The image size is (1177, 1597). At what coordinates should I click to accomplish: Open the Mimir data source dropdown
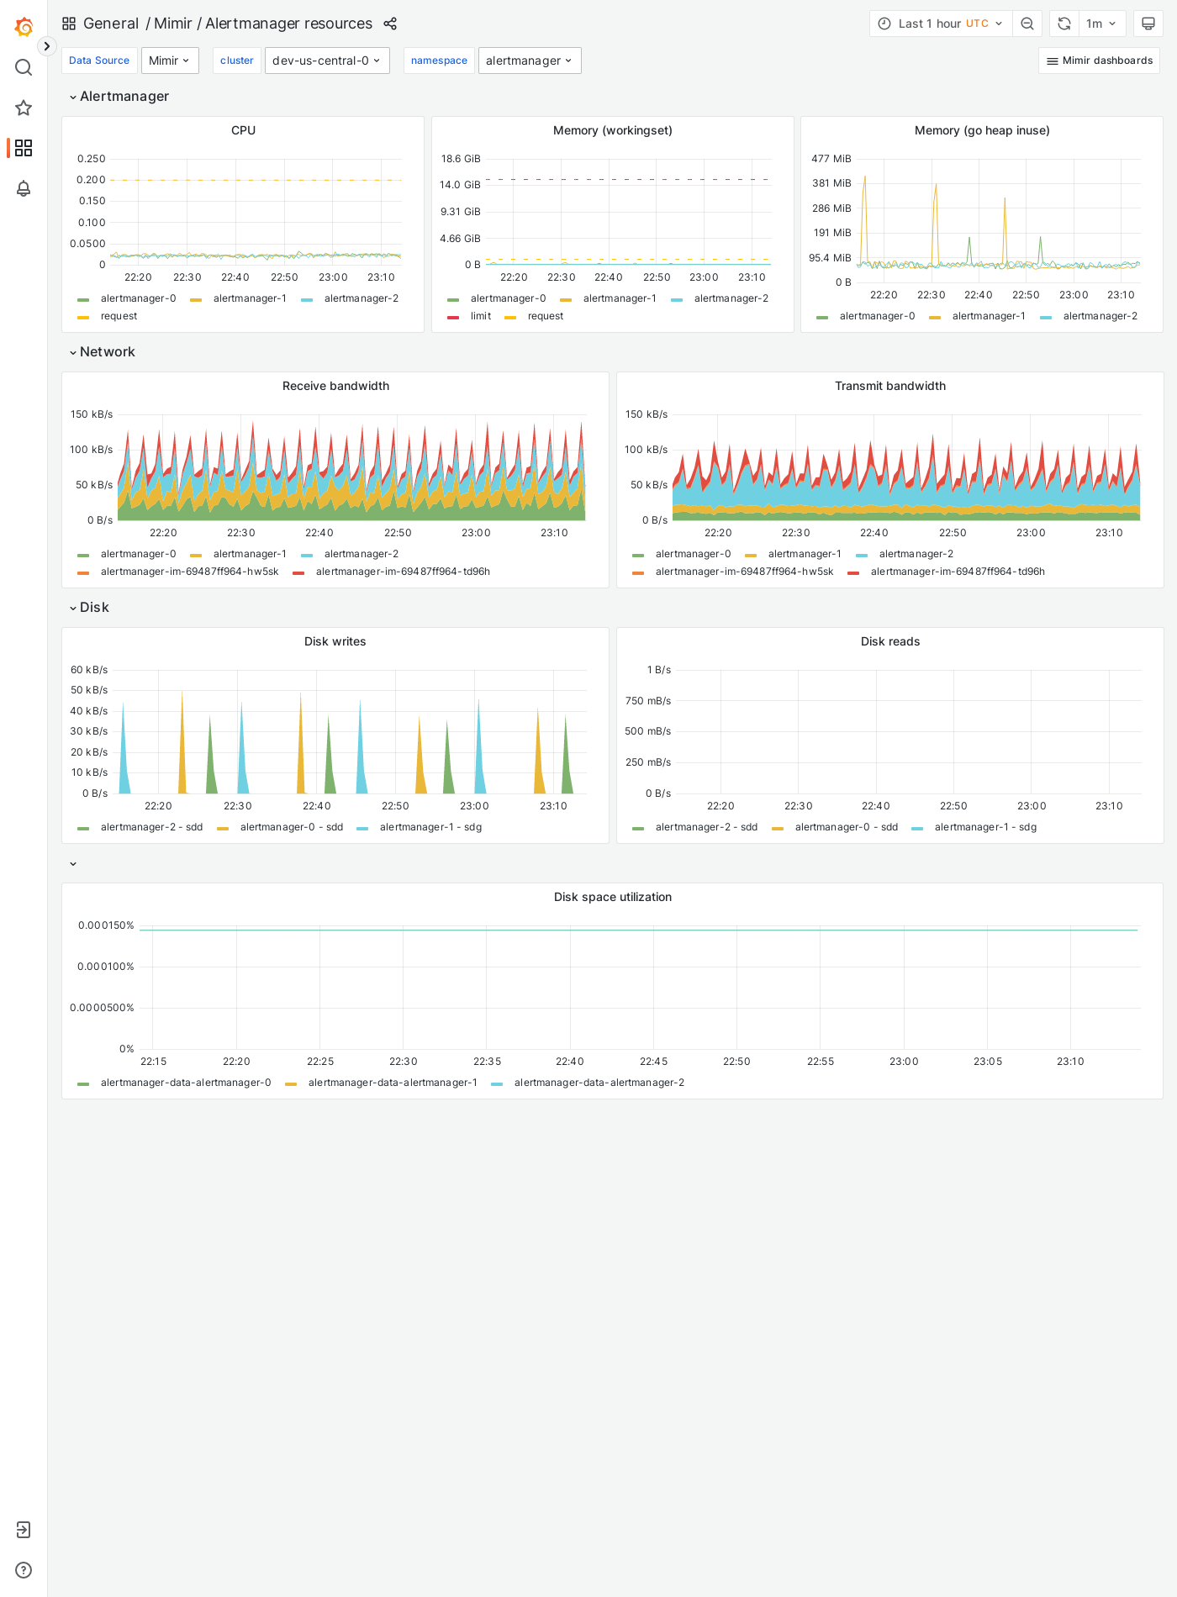coord(169,61)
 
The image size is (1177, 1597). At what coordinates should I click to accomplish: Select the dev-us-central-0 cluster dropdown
coord(326,61)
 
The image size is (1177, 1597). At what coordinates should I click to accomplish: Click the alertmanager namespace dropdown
coord(529,61)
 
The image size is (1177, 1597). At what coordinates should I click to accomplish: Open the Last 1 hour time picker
coord(940,24)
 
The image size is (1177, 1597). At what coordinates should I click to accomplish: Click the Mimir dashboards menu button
coord(1099,61)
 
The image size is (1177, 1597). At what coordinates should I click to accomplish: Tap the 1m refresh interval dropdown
coord(1100,24)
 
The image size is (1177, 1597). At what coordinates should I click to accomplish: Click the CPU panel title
coord(243,130)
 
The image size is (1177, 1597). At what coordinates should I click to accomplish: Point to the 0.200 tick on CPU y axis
coord(91,180)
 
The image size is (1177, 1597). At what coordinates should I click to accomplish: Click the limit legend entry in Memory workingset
coord(480,316)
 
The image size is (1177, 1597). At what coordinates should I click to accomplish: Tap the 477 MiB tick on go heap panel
coord(831,159)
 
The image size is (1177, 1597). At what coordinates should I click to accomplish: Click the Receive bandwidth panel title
coord(335,386)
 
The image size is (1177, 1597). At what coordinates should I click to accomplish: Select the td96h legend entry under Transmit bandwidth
coord(957,572)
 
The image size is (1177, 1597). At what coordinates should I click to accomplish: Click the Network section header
coord(107,352)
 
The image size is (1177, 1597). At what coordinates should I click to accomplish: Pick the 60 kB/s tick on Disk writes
coord(89,670)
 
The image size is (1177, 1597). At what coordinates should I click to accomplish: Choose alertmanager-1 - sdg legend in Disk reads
coord(984,827)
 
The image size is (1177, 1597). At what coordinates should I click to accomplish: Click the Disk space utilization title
coord(612,897)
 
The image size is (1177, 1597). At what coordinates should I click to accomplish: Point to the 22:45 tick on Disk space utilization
coord(653,1062)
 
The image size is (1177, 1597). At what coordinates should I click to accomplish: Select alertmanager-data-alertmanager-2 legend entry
coord(599,1083)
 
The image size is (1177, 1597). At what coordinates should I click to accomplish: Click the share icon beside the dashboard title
coord(390,24)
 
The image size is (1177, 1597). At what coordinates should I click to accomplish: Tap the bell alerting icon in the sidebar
coord(24,188)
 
